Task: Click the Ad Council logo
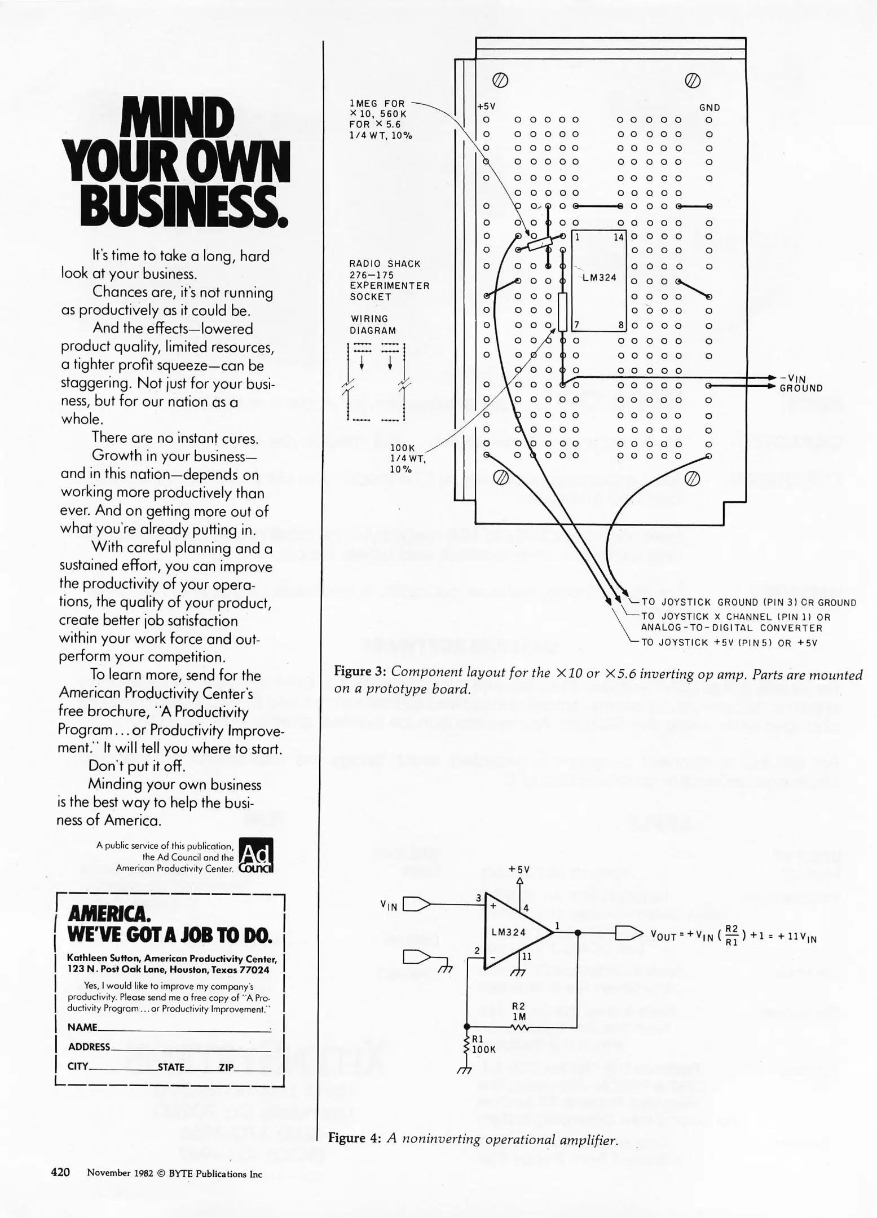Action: pyautogui.click(x=256, y=855)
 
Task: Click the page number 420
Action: pyautogui.click(x=61, y=1172)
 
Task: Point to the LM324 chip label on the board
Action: pyautogui.click(x=599, y=277)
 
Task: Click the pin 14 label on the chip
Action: pyautogui.click(x=618, y=237)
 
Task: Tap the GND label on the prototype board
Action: pyautogui.click(x=709, y=108)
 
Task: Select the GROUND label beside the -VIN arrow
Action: pyautogui.click(x=801, y=388)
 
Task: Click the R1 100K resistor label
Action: pyautogui.click(x=483, y=1044)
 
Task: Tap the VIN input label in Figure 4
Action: pyautogui.click(x=389, y=905)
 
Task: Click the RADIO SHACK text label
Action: pyautogui.click(x=385, y=264)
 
